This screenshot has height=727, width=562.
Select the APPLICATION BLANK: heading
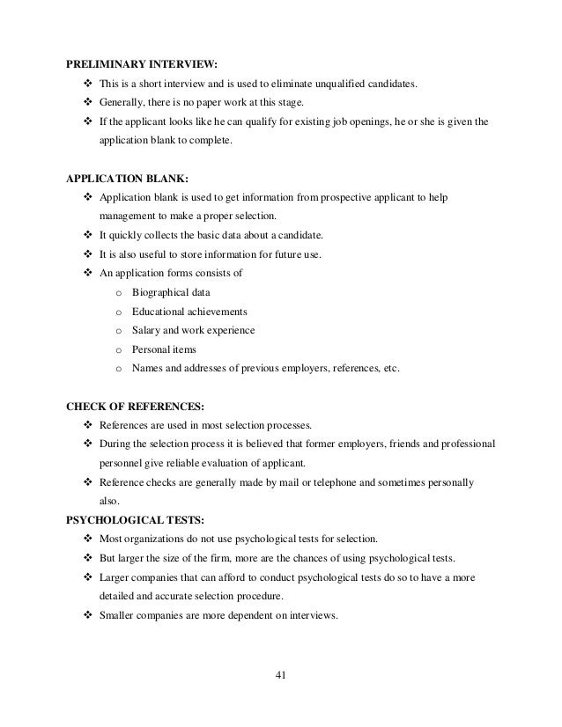(x=127, y=179)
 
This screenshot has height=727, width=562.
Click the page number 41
(x=282, y=676)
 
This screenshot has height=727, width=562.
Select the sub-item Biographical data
(x=171, y=292)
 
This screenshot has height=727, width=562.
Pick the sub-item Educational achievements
(x=189, y=312)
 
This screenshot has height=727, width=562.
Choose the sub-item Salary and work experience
(x=193, y=331)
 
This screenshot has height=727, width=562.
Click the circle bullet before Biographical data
(x=117, y=293)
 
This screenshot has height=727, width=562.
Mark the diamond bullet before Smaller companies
(x=87, y=615)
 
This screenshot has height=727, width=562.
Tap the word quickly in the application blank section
(x=127, y=236)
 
